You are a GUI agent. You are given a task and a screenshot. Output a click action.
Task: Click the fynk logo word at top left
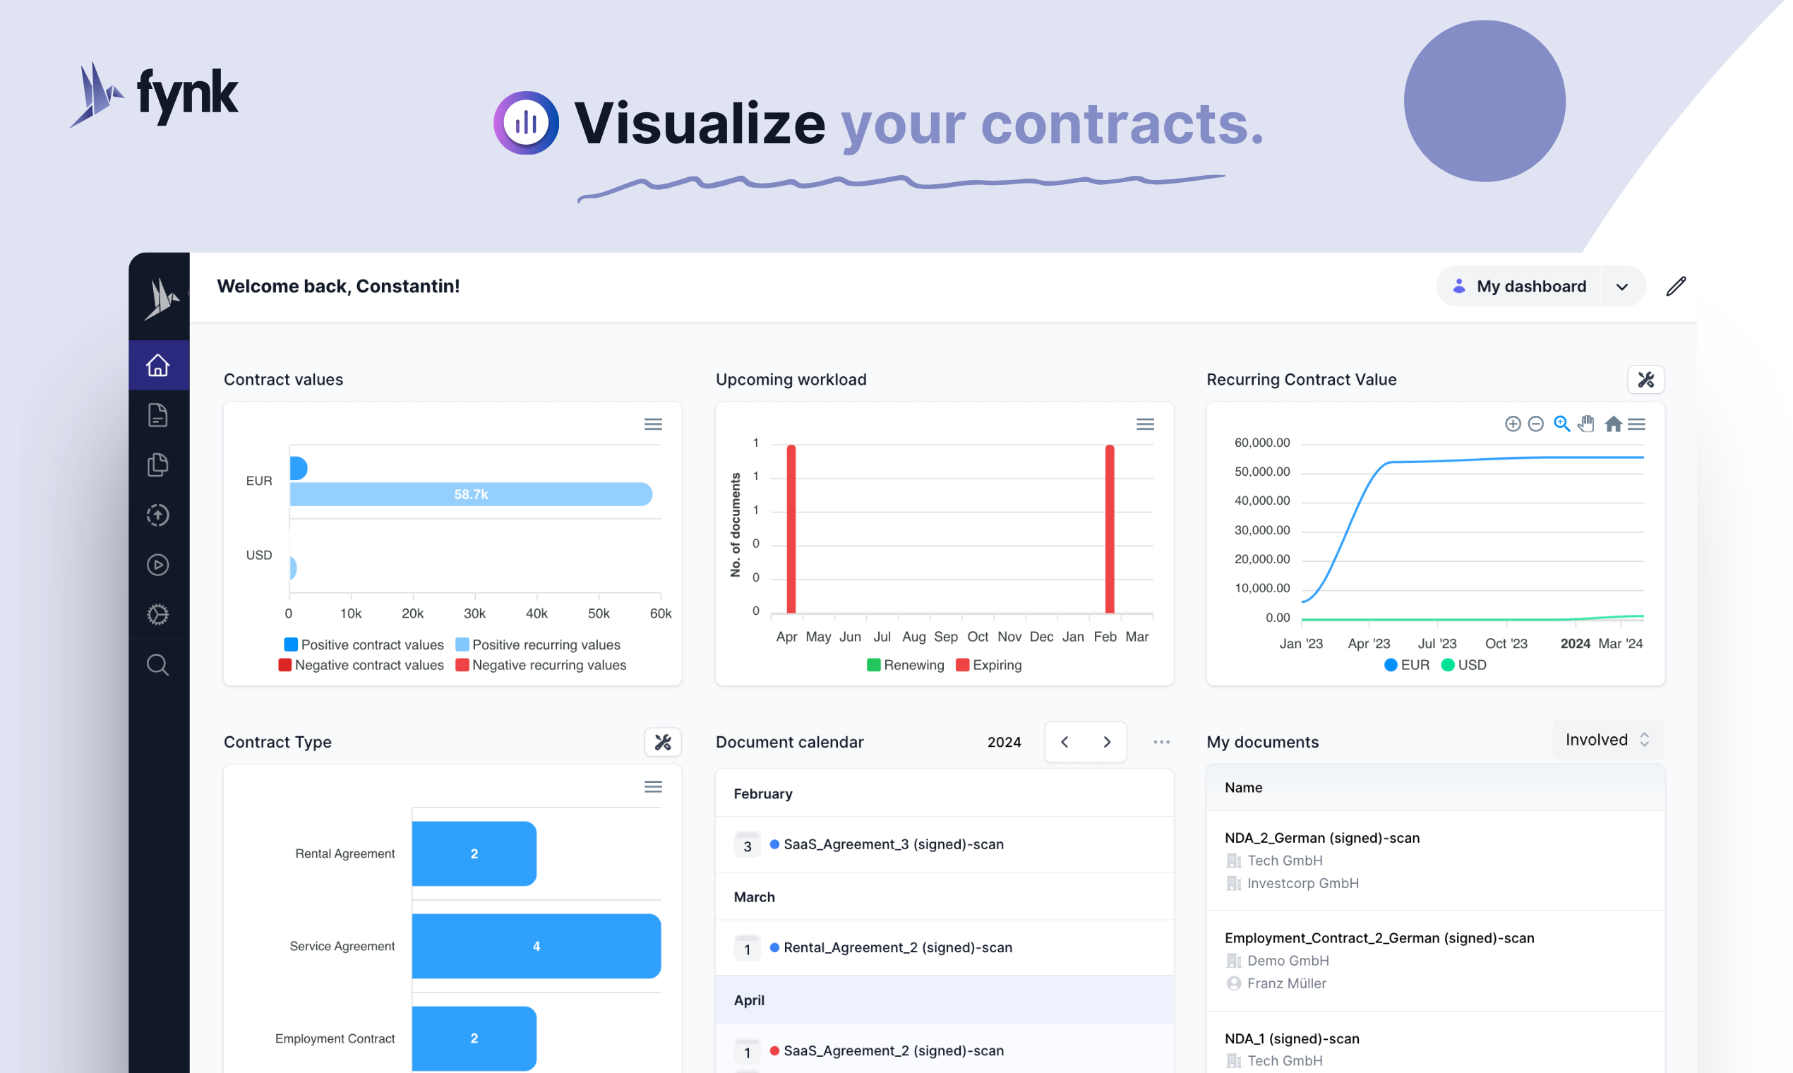(x=186, y=94)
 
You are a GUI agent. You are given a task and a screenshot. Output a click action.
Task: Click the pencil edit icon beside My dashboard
(x=1676, y=287)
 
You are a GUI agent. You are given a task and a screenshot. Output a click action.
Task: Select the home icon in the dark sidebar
(x=157, y=365)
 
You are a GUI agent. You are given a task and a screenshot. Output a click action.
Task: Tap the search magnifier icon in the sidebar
(x=157, y=664)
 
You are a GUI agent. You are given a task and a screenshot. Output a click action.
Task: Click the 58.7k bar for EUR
(x=471, y=494)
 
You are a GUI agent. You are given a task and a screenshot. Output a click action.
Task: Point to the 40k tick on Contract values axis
(x=536, y=614)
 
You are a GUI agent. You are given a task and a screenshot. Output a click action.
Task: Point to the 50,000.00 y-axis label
(x=1261, y=472)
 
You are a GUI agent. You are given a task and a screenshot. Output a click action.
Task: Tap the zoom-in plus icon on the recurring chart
(x=1513, y=424)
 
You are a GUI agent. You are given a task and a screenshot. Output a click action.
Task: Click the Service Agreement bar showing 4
(x=536, y=946)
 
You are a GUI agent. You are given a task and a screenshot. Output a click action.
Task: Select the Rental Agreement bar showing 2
(x=474, y=853)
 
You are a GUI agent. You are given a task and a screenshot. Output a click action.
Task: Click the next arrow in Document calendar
(x=1106, y=742)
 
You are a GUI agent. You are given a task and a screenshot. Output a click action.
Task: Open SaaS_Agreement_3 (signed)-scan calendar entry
(x=893, y=844)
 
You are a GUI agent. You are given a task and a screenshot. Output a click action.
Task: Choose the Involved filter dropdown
(x=1607, y=740)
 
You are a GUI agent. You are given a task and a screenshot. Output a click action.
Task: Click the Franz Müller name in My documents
(x=1286, y=983)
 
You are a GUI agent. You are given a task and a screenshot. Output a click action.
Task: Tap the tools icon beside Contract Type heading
(x=662, y=742)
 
